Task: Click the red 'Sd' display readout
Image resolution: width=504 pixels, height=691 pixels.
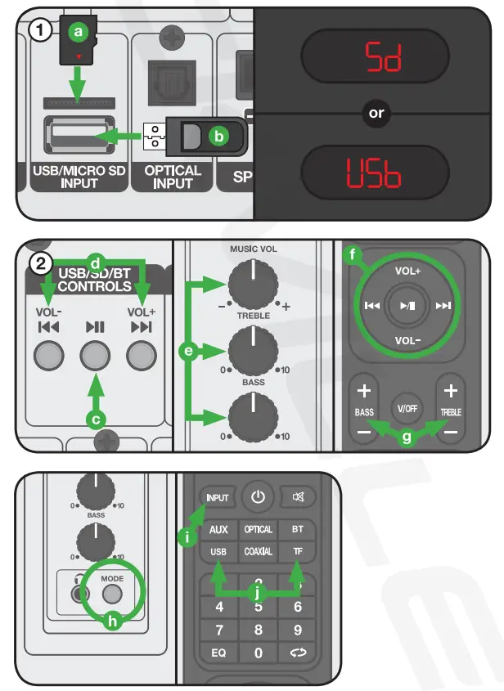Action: point(376,56)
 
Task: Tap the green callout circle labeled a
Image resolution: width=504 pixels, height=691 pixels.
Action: point(79,31)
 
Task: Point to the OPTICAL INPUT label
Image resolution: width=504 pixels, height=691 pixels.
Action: point(173,177)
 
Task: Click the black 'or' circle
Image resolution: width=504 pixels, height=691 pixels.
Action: point(376,114)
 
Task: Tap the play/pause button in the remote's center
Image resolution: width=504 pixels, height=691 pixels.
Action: point(407,305)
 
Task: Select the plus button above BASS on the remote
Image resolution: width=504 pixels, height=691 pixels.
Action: point(364,390)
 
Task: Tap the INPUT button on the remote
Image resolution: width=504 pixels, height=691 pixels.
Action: point(217,497)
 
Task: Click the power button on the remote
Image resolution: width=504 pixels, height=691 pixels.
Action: point(259,496)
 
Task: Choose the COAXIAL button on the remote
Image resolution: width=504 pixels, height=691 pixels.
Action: point(258,552)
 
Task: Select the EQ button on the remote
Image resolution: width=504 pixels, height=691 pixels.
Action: point(218,653)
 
